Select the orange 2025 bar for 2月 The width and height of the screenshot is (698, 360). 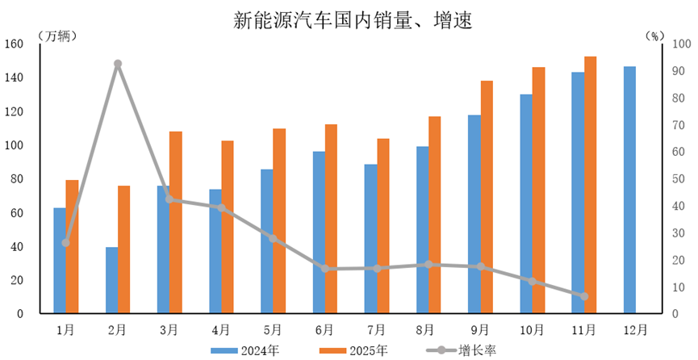point(123,249)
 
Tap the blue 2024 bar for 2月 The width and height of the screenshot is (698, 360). point(111,280)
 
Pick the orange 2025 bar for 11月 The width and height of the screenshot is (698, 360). point(590,185)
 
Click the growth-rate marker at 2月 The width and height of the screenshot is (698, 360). point(118,64)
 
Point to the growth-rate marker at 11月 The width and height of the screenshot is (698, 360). point(584,296)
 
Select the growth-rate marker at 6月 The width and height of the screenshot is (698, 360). point(325,269)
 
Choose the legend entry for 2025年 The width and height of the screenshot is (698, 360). point(355,350)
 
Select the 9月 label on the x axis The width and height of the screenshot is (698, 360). point(480,329)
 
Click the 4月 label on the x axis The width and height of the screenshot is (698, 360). point(221,329)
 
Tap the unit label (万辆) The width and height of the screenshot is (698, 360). point(58,35)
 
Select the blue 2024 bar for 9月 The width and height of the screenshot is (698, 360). point(474,214)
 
